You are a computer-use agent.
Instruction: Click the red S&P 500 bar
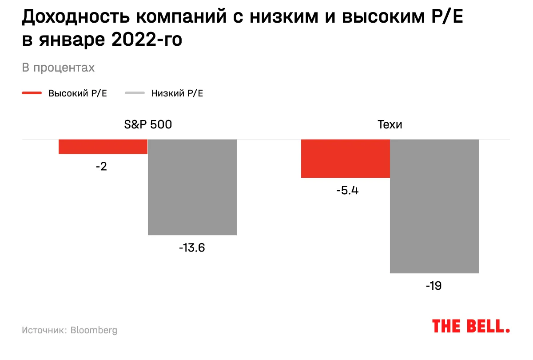(103, 147)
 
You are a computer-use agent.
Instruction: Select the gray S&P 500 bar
(192, 187)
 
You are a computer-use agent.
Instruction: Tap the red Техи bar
(346, 159)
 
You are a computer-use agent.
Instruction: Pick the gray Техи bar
(434, 206)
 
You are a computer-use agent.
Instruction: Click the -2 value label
(101, 167)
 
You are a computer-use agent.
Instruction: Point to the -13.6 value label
(192, 248)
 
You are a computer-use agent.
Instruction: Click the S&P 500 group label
(147, 124)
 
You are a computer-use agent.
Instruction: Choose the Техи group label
(390, 124)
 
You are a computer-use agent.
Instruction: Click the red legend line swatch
(32, 93)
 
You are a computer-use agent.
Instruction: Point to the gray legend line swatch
(135, 93)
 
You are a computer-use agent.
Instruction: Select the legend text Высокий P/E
(78, 93)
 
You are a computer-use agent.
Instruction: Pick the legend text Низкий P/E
(177, 93)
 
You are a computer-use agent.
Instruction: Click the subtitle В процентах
(58, 68)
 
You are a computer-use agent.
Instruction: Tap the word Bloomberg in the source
(94, 330)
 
